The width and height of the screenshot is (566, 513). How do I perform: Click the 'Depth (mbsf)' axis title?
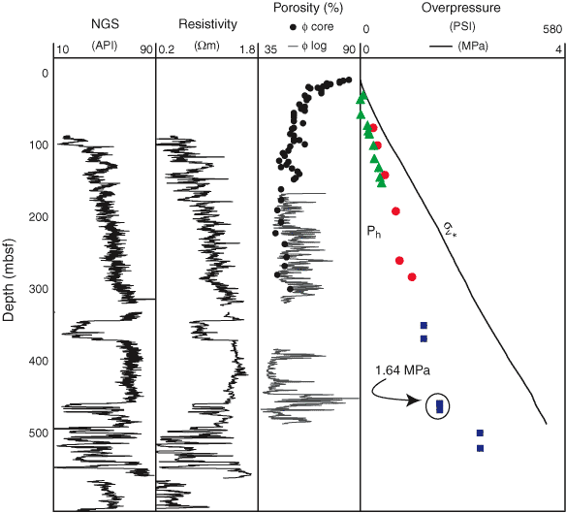click(9, 280)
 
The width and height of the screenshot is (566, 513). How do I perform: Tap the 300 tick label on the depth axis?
click(38, 289)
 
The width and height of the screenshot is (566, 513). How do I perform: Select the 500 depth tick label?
click(38, 433)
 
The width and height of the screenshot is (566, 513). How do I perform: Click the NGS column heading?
click(105, 24)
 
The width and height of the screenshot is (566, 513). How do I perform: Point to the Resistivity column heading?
click(208, 24)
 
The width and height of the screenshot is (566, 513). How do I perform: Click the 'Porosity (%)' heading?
click(308, 8)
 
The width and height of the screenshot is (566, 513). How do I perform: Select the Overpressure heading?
click(461, 8)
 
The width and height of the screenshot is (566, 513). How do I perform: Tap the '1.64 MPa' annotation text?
click(402, 370)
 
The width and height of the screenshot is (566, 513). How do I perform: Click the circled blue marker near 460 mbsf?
click(439, 406)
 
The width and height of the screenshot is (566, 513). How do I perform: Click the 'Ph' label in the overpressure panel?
click(373, 232)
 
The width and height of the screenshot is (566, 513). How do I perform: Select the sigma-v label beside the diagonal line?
click(449, 229)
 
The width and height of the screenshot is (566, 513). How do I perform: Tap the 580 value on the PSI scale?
click(552, 29)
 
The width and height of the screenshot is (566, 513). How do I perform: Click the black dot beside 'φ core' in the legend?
click(293, 27)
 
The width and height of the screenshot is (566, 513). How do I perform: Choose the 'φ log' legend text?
click(314, 46)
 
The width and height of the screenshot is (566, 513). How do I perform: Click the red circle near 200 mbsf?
click(395, 211)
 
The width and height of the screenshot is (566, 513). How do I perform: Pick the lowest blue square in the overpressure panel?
click(480, 448)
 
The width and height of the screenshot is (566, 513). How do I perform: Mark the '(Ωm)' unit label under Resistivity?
click(206, 46)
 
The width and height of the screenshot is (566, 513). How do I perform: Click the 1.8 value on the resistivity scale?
click(247, 49)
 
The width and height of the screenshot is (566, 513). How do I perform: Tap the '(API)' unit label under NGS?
click(105, 46)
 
